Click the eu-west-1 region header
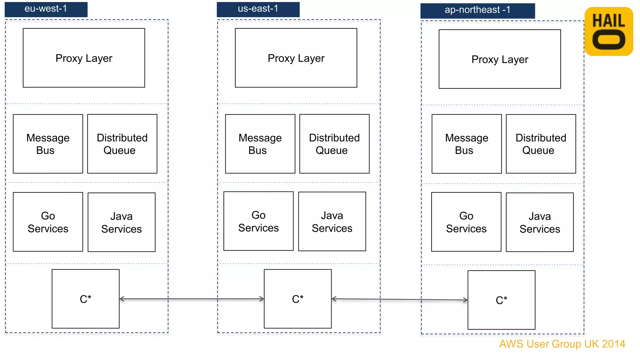tap(46, 9)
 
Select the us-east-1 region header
tap(258, 9)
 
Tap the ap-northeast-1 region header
tap(477, 10)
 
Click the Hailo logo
tap(608, 32)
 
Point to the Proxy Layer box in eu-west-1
tap(84, 58)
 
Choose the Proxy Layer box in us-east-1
tap(296, 58)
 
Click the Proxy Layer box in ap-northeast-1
tap(499, 59)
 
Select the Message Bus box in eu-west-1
tap(48, 144)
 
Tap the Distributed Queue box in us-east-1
tap(334, 144)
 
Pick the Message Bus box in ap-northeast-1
tap(466, 144)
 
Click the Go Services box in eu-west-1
tap(48, 222)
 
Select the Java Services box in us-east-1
tap(332, 222)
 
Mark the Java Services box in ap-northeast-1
tap(539, 222)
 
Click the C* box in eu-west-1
tap(85, 299)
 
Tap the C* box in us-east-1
tap(297, 299)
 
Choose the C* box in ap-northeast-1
tap(501, 300)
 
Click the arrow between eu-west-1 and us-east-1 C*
tap(191, 299)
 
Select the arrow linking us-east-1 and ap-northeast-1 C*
tap(399, 300)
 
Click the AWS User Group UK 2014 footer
tap(562, 344)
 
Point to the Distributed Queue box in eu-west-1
tap(122, 144)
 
